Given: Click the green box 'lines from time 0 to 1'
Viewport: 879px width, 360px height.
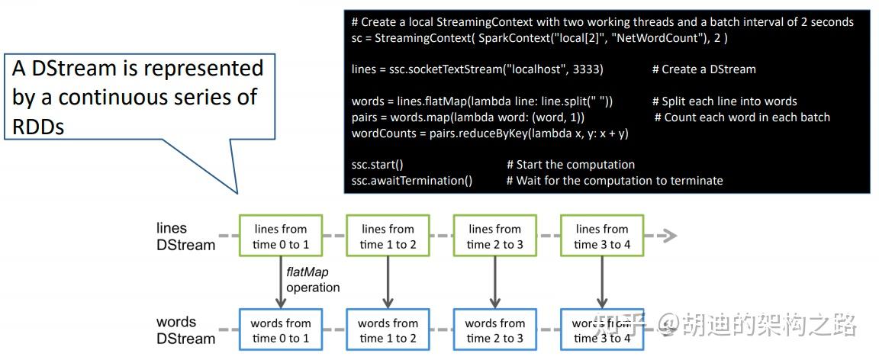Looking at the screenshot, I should click(x=280, y=236).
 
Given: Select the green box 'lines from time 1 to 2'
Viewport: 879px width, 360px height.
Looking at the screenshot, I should click(x=388, y=236).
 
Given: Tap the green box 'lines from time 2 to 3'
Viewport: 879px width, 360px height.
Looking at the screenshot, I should click(x=494, y=236).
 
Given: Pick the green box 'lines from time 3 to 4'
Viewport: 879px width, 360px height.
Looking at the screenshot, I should click(x=601, y=236).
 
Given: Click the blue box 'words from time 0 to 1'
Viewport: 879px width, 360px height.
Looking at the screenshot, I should click(x=280, y=330).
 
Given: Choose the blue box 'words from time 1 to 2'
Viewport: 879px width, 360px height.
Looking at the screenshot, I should click(x=388, y=330).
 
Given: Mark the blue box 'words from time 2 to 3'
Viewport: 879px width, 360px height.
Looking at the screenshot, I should click(x=494, y=330).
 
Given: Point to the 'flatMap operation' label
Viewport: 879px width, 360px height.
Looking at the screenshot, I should click(x=312, y=279).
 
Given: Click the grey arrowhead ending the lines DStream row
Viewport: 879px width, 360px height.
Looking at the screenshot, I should click(x=668, y=236).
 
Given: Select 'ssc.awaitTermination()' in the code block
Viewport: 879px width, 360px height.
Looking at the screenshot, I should click(x=412, y=181).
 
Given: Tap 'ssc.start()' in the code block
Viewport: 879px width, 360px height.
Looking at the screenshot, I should click(x=377, y=165).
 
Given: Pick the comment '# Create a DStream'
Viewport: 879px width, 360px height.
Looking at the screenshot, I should click(x=704, y=69).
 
